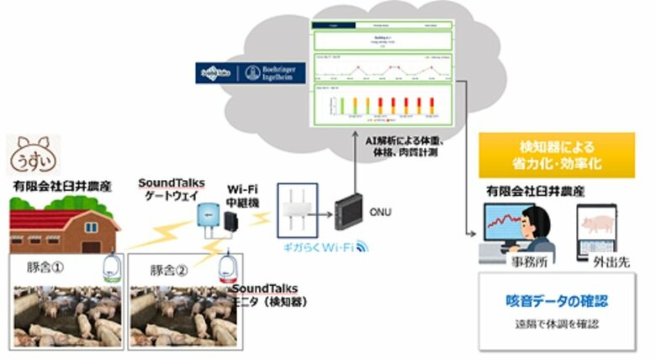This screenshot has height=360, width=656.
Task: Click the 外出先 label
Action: pyautogui.click(x=600, y=262)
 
